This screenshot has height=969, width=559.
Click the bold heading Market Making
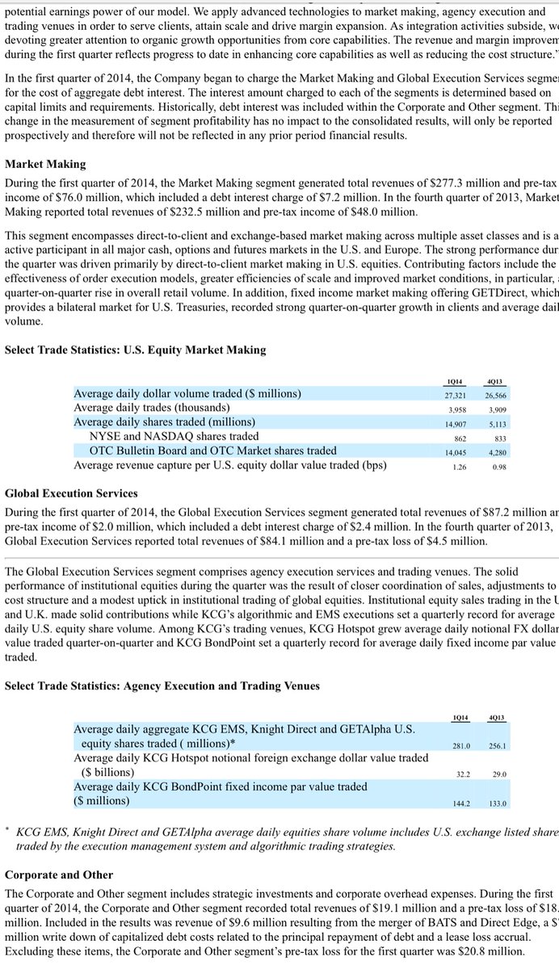pyautogui.click(x=45, y=164)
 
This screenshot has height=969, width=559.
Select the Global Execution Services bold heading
pyautogui.click(x=71, y=493)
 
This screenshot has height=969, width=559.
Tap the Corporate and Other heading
pyautogui.click(x=59, y=875)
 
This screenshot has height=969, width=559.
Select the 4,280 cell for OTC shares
pyautogui.click(x=496, y=451)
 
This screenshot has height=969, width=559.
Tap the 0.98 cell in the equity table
pyautogui.click(x=498, y=466)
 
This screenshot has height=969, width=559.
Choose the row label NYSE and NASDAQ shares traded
pyautogui.click(x=174, y=436)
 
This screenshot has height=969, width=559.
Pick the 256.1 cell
pyautogui.click(x=496, y=745)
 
